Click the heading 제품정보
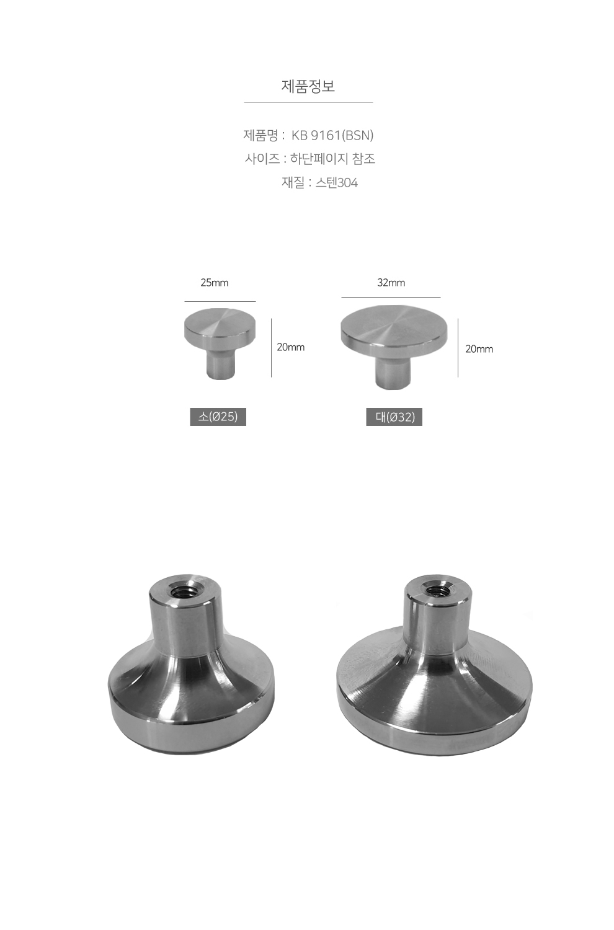(308, 86)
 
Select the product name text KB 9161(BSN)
(332, 135)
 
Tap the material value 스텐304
(337, 183)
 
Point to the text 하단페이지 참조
(333, 159)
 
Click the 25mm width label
(215, 283)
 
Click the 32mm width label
(391, 283)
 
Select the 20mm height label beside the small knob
(291, 347)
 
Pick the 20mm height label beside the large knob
(479, 349)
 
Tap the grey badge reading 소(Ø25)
(218, 417)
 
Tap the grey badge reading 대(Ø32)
(394, 417)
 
